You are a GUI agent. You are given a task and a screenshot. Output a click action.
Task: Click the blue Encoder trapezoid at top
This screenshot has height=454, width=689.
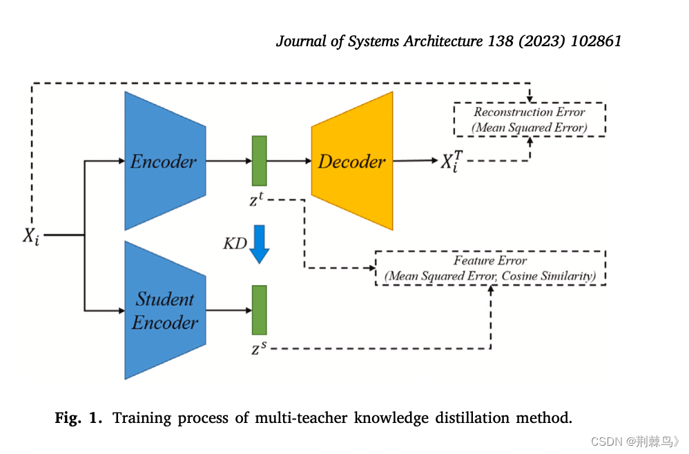click(165, 161)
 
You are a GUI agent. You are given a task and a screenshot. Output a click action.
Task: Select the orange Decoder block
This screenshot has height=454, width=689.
click(352, 161)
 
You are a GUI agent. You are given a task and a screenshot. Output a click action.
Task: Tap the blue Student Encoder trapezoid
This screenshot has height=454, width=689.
click(165, 310)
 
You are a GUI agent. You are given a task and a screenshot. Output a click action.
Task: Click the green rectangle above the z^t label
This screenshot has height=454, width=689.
click(259, 161)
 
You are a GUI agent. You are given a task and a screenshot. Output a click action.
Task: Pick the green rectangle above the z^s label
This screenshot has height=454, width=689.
click(259, 310)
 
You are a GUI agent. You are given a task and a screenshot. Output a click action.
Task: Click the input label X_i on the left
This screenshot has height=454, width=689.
click(30, 236)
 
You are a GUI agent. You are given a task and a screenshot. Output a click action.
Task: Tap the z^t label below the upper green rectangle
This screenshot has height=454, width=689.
click(256, 201)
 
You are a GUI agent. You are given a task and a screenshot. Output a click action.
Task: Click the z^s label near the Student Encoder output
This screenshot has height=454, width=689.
click(257, 349)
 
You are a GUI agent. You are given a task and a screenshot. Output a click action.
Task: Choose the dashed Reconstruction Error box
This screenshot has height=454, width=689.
click(529, 119)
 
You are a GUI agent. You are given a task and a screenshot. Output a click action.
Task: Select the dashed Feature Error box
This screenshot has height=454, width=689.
click(490, 268)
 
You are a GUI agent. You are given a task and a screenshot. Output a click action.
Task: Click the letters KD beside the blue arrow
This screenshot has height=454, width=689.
click(235, 244)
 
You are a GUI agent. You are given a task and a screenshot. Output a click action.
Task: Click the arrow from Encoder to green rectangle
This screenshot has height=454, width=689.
click(229, 161)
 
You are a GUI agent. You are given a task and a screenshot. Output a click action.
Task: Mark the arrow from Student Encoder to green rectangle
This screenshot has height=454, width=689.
click(229, 310)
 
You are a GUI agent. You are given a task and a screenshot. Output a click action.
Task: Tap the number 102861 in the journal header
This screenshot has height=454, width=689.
click(596, 41)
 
